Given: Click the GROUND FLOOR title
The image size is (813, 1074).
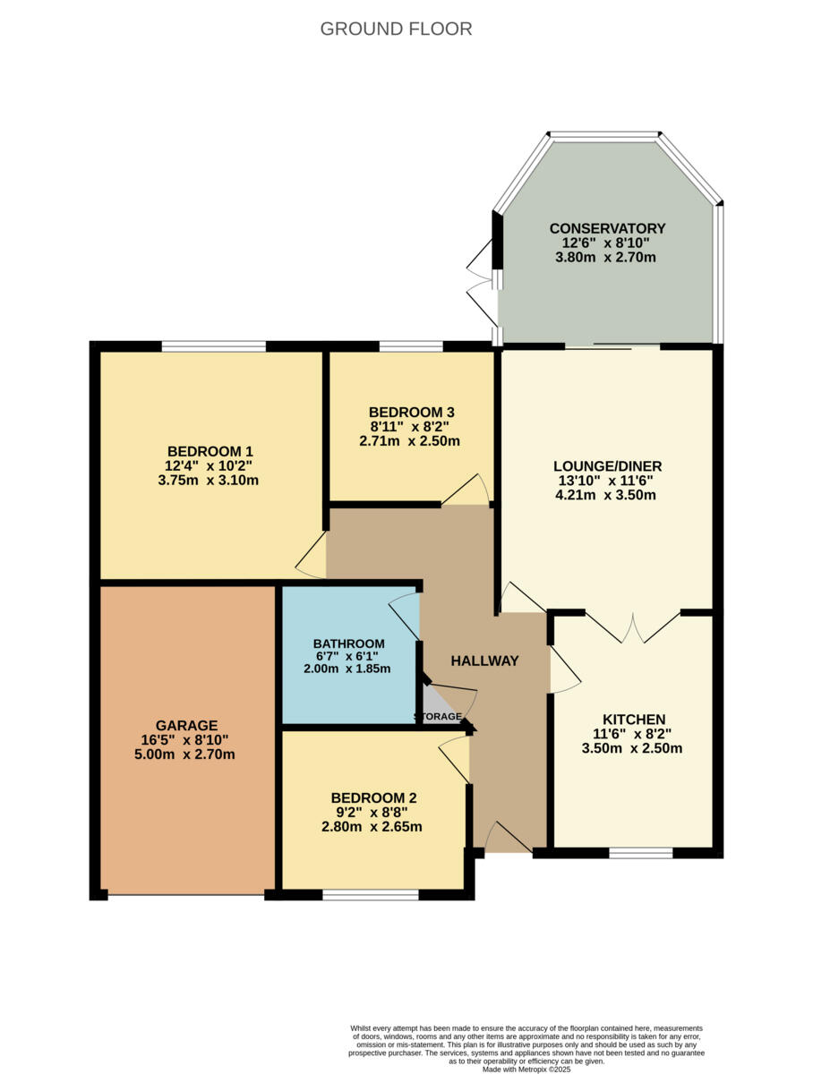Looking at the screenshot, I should pos(396,30).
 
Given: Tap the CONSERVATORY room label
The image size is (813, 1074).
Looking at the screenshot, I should pos(607,228).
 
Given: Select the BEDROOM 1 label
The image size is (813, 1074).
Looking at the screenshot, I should pos(210,451).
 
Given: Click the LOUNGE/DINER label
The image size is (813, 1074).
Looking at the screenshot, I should pos(607,466).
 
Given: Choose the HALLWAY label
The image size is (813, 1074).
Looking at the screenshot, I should pos(484,661).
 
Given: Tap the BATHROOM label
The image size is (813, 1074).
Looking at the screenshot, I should pos(349,644).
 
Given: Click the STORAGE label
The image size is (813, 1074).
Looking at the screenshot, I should pos(438,717).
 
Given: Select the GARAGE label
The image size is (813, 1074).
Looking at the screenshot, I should pos(186,725).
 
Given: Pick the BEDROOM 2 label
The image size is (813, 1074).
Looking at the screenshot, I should pos(373,798).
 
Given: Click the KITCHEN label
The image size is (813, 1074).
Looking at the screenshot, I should pos(633,720).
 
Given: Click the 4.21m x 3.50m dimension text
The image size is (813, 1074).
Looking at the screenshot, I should pos(607,494).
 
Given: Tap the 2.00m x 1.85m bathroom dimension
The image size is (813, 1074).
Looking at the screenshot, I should pos(349,668).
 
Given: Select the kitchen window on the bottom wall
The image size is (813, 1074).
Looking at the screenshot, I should pos(641,853).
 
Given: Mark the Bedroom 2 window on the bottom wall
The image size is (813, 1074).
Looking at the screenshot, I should pos(371,894).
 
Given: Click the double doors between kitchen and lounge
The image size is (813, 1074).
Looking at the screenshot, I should pos(633,628).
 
